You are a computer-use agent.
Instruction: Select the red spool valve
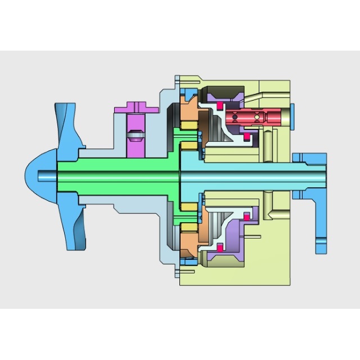point(250,118)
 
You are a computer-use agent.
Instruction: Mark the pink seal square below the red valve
point(246,137)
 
